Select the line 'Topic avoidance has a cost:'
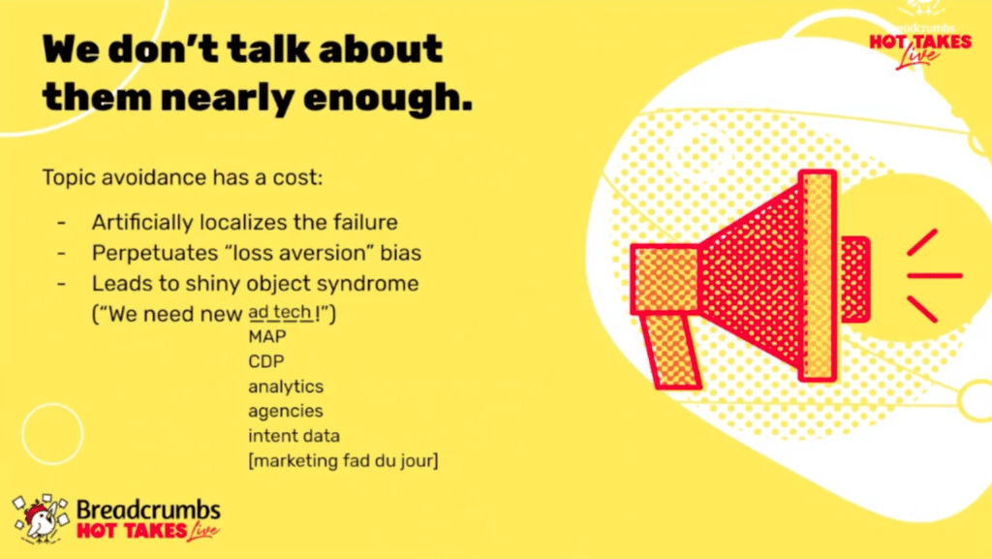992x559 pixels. pos(182,177)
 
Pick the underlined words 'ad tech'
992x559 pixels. pos(280,312)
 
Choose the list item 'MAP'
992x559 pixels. pos(267,336)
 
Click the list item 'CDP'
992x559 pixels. pos(266,361)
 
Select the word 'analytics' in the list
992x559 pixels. pos(286,387)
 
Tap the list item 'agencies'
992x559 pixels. pos(286,412)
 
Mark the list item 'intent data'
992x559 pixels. pos(294,436)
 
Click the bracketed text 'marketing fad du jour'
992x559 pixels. pos(343,461)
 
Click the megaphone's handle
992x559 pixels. pos(670,351)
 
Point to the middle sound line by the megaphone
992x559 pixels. pos(935,276)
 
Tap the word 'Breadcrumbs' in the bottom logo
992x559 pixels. pos(148,510)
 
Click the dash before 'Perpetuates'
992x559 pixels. pos(61,253)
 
